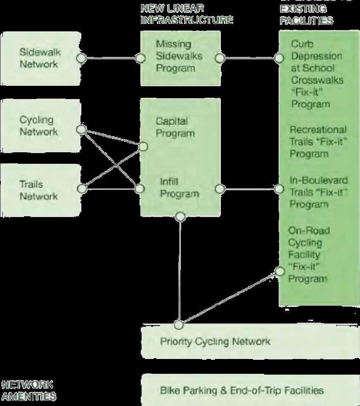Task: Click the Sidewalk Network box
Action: tap(39, 58)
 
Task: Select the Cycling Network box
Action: tap(39, 126)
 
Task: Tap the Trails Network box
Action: tap(39, 190)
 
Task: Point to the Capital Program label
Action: tap(175, 127)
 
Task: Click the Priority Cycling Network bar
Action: tap(215, 341)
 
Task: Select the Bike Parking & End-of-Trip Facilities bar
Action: tap(242, 390)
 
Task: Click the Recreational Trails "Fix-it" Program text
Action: tap(318, 142)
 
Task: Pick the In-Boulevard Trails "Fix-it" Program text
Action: tap(318, 192)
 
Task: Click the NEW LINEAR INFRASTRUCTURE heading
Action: tap(187, 14)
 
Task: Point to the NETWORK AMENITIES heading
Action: tap(28, 391)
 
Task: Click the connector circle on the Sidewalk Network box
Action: tap(81, 58)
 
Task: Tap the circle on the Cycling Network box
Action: tap(81, 130)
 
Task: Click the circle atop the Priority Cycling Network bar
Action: tap(179, 324)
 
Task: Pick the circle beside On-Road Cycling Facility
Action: tap(279, 271)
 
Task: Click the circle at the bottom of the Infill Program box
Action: tap(180, 216)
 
